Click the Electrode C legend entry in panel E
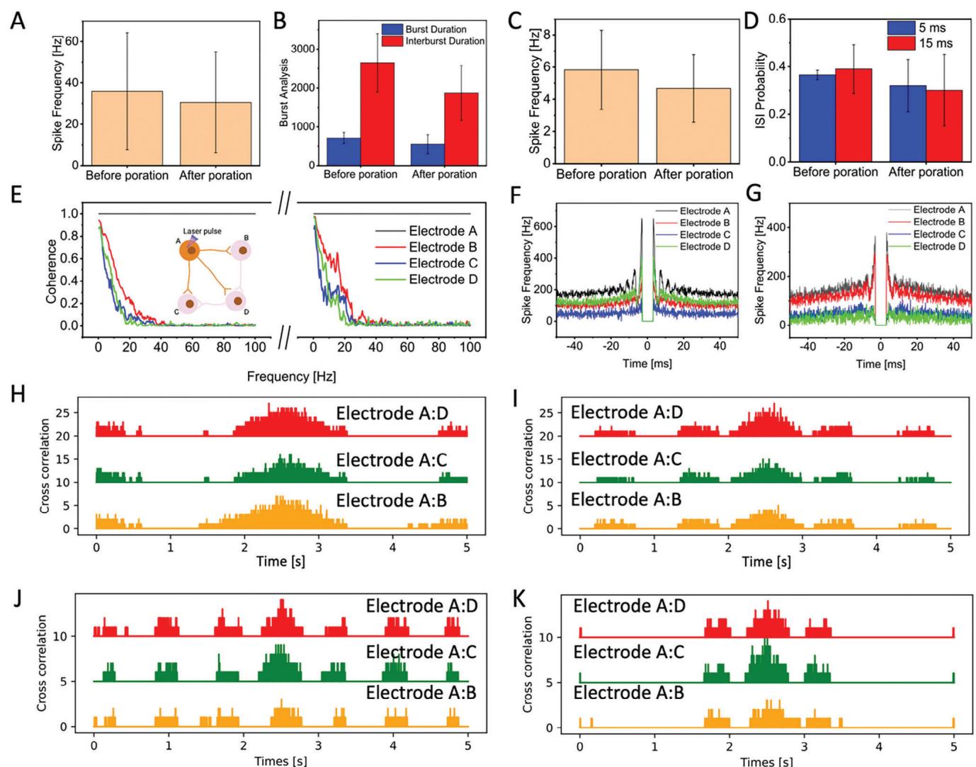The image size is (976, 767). (x=443, y=263)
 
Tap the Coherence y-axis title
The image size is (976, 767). (x=52, y=271)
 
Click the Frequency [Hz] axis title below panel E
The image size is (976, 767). (x=291, y=376)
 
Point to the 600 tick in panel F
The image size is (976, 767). (x=546, y=227)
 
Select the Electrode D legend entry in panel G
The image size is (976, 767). (x=938, y=246)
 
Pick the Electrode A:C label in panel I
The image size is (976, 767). (x=625, y=459)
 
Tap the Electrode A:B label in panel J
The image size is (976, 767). (x=421, y=693)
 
